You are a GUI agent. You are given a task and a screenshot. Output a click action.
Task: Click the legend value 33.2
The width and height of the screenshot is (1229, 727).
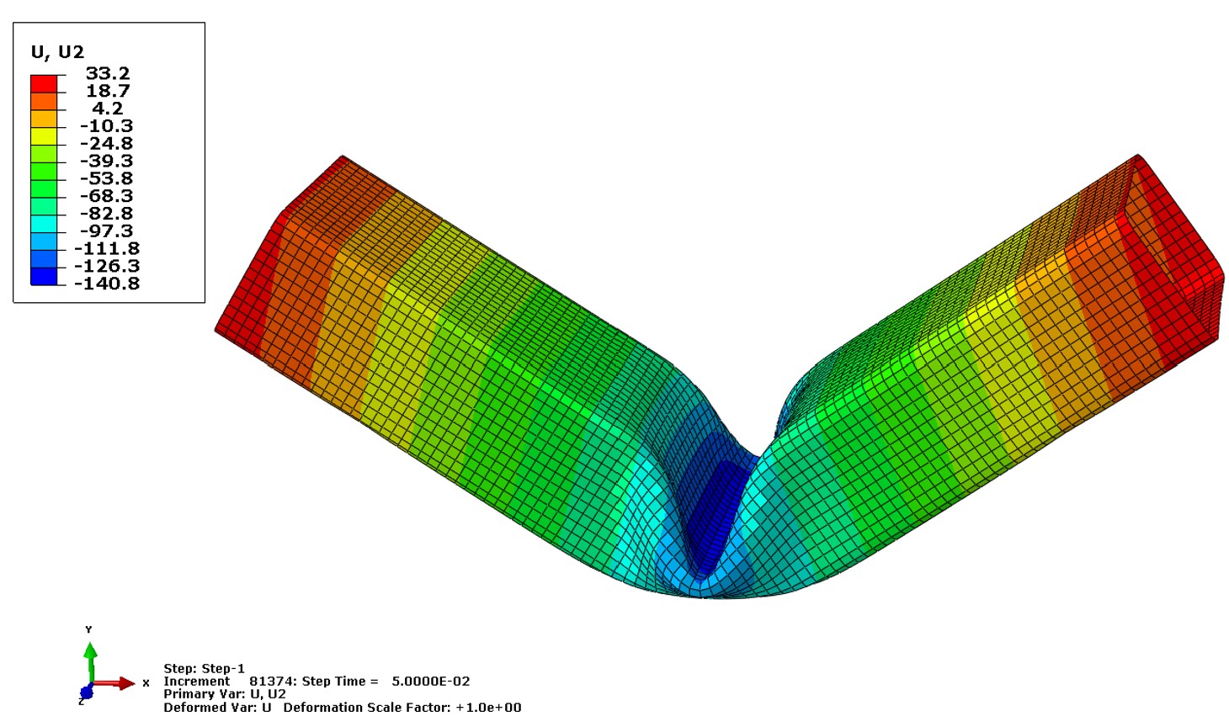coord(108,73)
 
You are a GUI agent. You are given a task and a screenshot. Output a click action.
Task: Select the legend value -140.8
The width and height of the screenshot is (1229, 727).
coord(106,284)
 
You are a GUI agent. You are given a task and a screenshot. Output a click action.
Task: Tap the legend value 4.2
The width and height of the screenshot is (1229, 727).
coord(108,108)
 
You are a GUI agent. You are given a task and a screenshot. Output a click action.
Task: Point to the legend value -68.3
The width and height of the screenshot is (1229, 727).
coord(106,196)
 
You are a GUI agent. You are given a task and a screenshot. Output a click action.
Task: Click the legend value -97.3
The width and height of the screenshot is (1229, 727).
coord(106,231)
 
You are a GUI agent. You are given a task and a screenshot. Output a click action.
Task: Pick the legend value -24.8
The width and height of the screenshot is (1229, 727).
coord(106,143)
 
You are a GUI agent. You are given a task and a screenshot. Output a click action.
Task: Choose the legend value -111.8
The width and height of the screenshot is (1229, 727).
coord(106,248)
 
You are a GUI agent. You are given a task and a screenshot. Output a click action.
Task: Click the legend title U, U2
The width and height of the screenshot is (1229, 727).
coord(57,52)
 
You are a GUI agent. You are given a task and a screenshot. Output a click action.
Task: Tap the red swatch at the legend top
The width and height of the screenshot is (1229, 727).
coord(44,84)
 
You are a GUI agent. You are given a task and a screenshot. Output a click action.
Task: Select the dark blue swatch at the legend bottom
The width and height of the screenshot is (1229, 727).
coord(44,276)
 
